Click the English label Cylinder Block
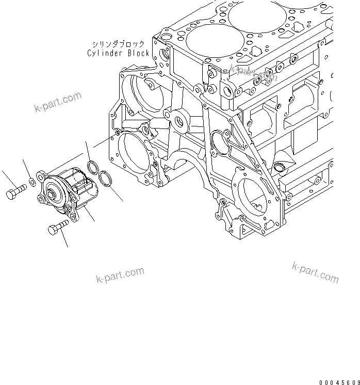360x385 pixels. pyautogui.click(x=118, y=53)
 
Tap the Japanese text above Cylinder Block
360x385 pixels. pyautogui.click(x=118, y=44)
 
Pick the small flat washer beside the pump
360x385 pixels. pyautogui.click(x=32, y=182)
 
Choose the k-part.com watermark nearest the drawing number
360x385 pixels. pyautogui.click(x=315, y=272)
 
